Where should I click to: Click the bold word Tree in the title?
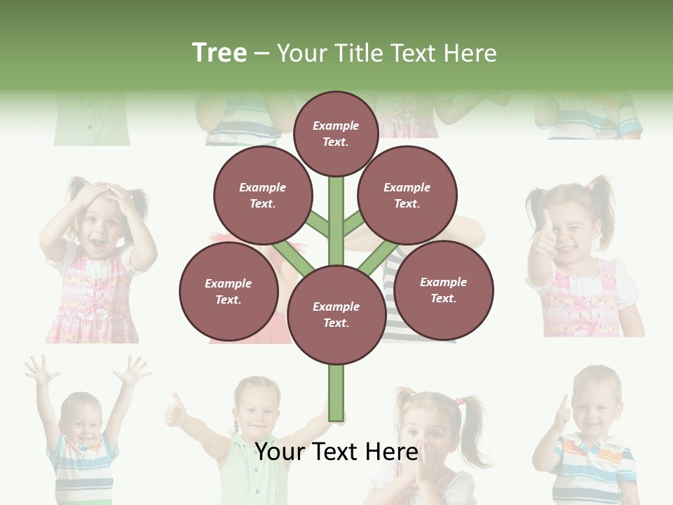click(219, 53)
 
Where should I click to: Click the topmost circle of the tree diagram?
click(336, 133)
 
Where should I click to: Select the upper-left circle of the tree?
click(262, 195)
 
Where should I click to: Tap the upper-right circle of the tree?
click(407, 195)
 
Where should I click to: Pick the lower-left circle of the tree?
click(228, 291)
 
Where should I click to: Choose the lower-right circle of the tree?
click(443, 290)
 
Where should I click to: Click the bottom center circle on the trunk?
click(336, 314)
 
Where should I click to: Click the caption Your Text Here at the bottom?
click(336, 452)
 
